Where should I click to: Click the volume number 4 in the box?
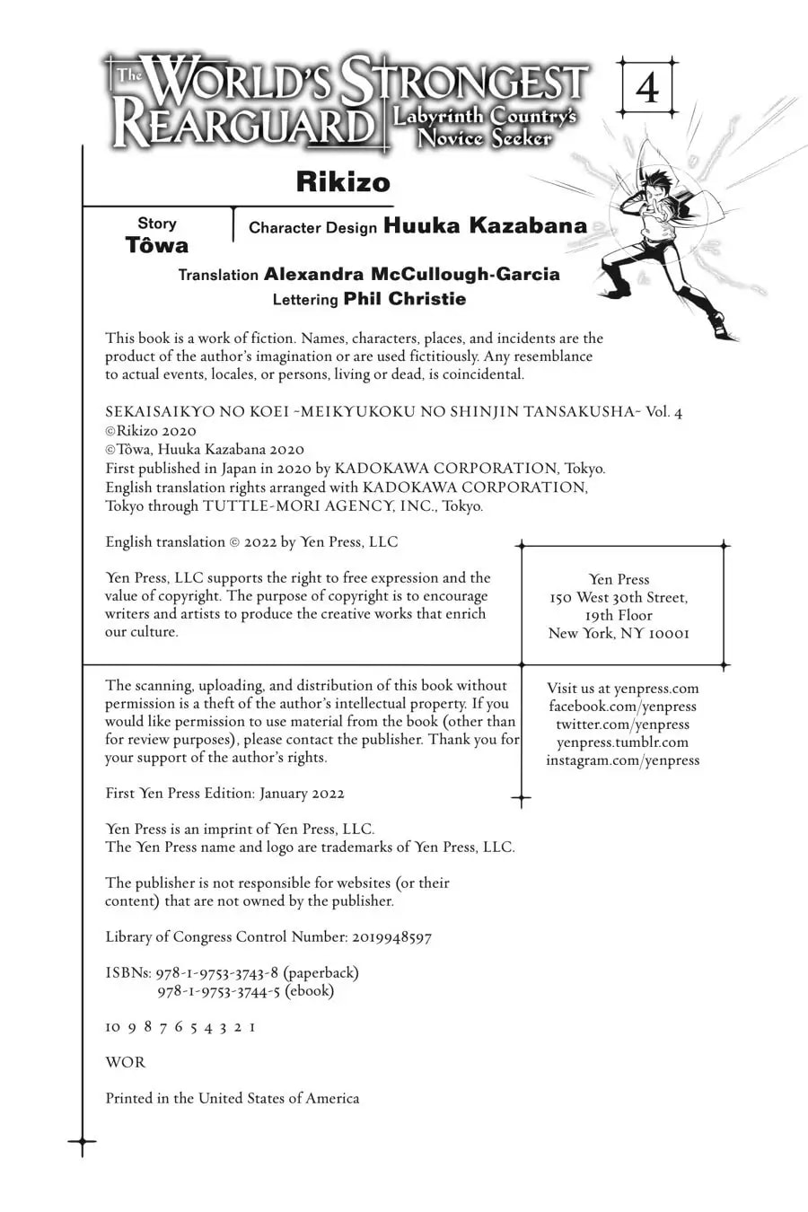point(646,89)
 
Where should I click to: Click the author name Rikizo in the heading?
point(343,182)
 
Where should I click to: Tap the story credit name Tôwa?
point(157,246)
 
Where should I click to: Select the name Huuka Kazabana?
point(485,225)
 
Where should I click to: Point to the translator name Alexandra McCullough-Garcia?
point(411,274)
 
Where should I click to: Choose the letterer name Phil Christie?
point(405,299)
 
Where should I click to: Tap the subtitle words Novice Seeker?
point(485,138)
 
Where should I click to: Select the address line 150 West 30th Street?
point(619,598)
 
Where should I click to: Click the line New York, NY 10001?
point(619,634)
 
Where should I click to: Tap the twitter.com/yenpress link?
point(622,725)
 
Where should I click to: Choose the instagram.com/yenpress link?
point(622,760)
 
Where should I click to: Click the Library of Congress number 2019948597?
point(391,937)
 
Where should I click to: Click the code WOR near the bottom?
point(125,1063)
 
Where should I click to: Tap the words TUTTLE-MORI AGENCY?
point(305,506)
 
